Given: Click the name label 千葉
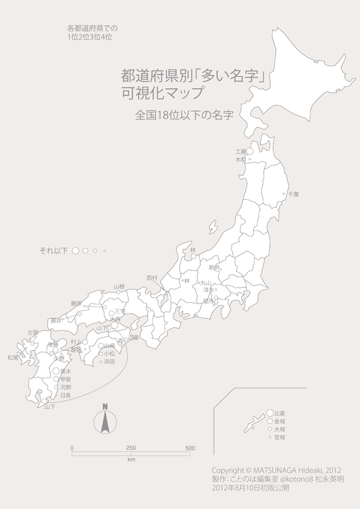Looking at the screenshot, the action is click(293, 194).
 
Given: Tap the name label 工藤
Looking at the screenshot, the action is click(241, 152).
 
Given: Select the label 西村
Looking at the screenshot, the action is click(152, 278).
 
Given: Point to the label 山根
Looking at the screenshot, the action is click(119, 287).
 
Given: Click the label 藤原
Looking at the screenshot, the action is click(76, 303).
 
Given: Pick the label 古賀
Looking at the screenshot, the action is click(32, 332).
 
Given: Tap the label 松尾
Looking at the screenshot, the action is click(13, 357).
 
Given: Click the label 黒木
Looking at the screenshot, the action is click(66, 371).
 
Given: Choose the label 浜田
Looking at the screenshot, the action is click(109, 362).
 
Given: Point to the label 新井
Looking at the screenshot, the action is click(214, 267).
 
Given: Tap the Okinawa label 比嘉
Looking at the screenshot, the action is click(279, 413).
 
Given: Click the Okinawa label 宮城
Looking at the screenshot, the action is click(279, 438).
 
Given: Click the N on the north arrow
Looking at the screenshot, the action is click(104, 406).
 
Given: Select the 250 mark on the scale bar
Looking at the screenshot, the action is click(131, 448).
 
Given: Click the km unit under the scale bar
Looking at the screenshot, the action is click(131, 460).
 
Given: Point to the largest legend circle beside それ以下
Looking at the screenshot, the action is click(76, 250).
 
